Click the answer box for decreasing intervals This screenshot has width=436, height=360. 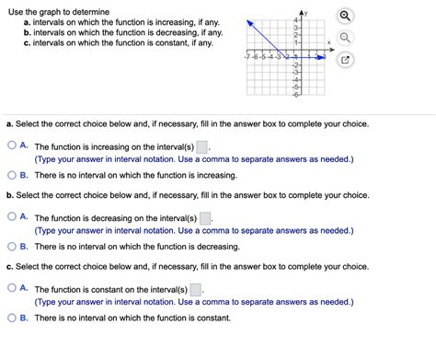[x=206, y=219]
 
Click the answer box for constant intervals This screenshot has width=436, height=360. [x=196, y=289]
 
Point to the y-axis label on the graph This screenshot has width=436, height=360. [x=298, y=12]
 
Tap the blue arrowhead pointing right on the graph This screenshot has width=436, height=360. [x=322, y=56]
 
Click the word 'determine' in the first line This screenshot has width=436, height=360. [x=97, y=8]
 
